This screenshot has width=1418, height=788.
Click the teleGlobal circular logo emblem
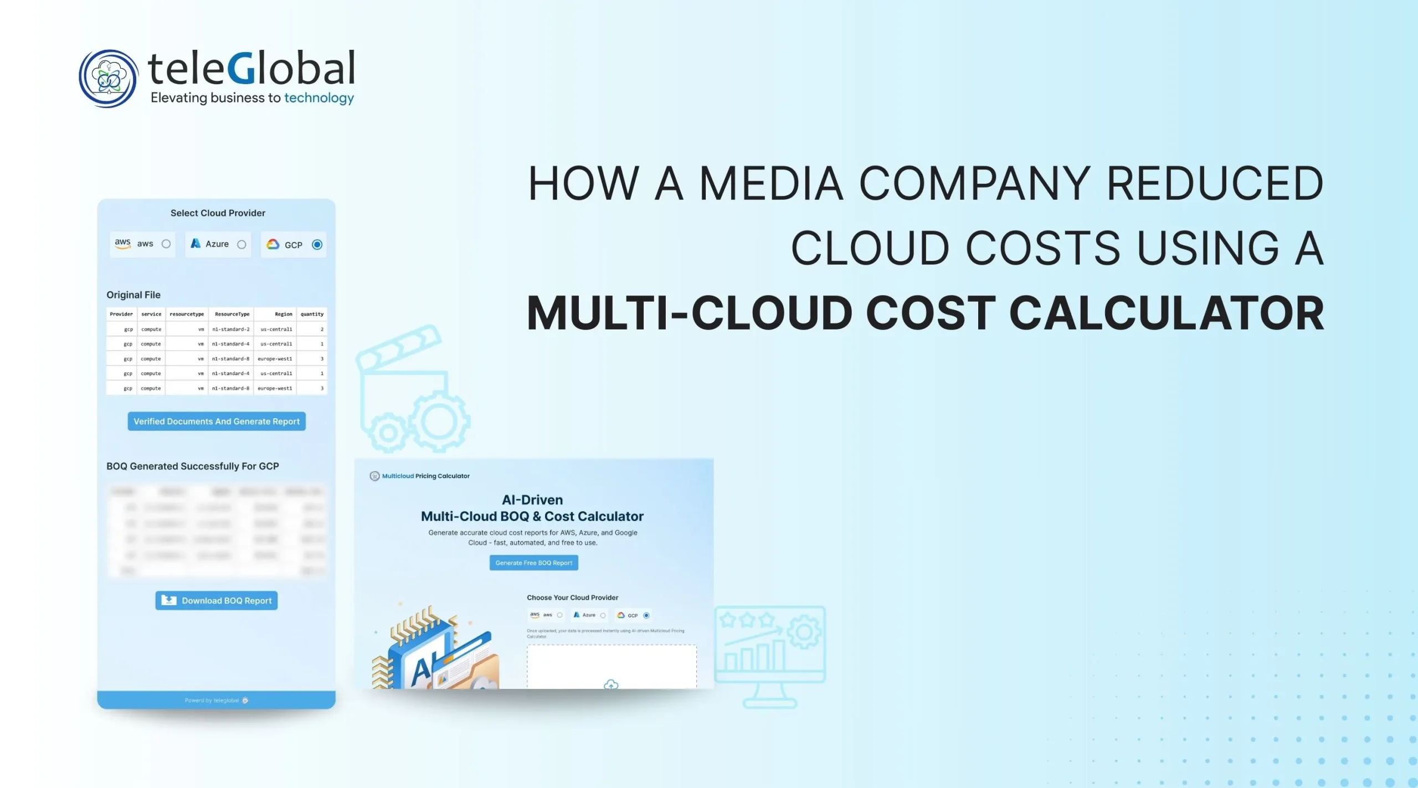[108, 78]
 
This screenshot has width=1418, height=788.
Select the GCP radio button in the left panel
[317, 244]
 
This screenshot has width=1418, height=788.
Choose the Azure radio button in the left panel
[242, 244]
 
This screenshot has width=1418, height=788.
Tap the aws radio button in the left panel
[166, 244]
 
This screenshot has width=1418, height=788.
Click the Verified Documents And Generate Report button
[217, 421]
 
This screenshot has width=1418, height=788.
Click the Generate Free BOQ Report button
[533, 563]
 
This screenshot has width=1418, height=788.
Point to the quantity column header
[312, 314]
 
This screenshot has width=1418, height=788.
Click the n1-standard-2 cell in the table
[231, 329]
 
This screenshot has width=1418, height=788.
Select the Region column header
[283, 314]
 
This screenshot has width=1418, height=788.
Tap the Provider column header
[121, 314]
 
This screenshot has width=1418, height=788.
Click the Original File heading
[133, 295]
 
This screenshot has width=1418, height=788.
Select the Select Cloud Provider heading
[218, 213]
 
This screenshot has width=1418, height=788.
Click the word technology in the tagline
[319, 98]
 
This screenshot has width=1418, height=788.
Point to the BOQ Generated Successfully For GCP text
[193, 466]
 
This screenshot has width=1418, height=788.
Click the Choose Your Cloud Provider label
[572, 598]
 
